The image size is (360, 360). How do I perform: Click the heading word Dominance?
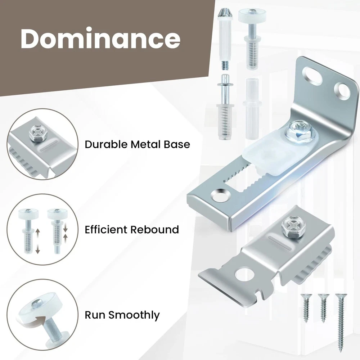click(x=100, y=39)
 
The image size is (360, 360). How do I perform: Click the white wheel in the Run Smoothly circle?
click(x=39, y=306)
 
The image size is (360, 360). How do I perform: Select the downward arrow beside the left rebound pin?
click(x=38, y=248)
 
